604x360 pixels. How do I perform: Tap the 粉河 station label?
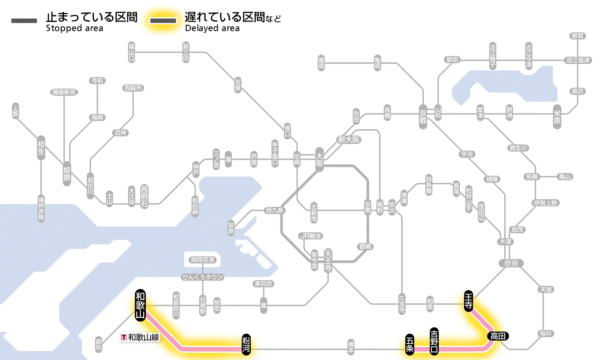246,344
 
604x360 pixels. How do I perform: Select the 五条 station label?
409,344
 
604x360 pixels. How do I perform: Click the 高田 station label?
498,336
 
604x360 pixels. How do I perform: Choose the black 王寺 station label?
469,300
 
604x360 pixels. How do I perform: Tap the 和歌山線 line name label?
144,337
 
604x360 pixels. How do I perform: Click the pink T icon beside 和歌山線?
124,337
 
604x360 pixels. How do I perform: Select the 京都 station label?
423,115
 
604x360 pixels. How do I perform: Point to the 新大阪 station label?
349,140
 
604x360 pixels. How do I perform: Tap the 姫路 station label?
67,174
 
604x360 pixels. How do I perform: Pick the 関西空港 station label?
203,260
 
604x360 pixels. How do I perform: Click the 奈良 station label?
511,263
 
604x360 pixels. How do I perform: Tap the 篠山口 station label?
132,52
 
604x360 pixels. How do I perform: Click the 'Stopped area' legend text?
75,28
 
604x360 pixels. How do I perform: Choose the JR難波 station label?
311,236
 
